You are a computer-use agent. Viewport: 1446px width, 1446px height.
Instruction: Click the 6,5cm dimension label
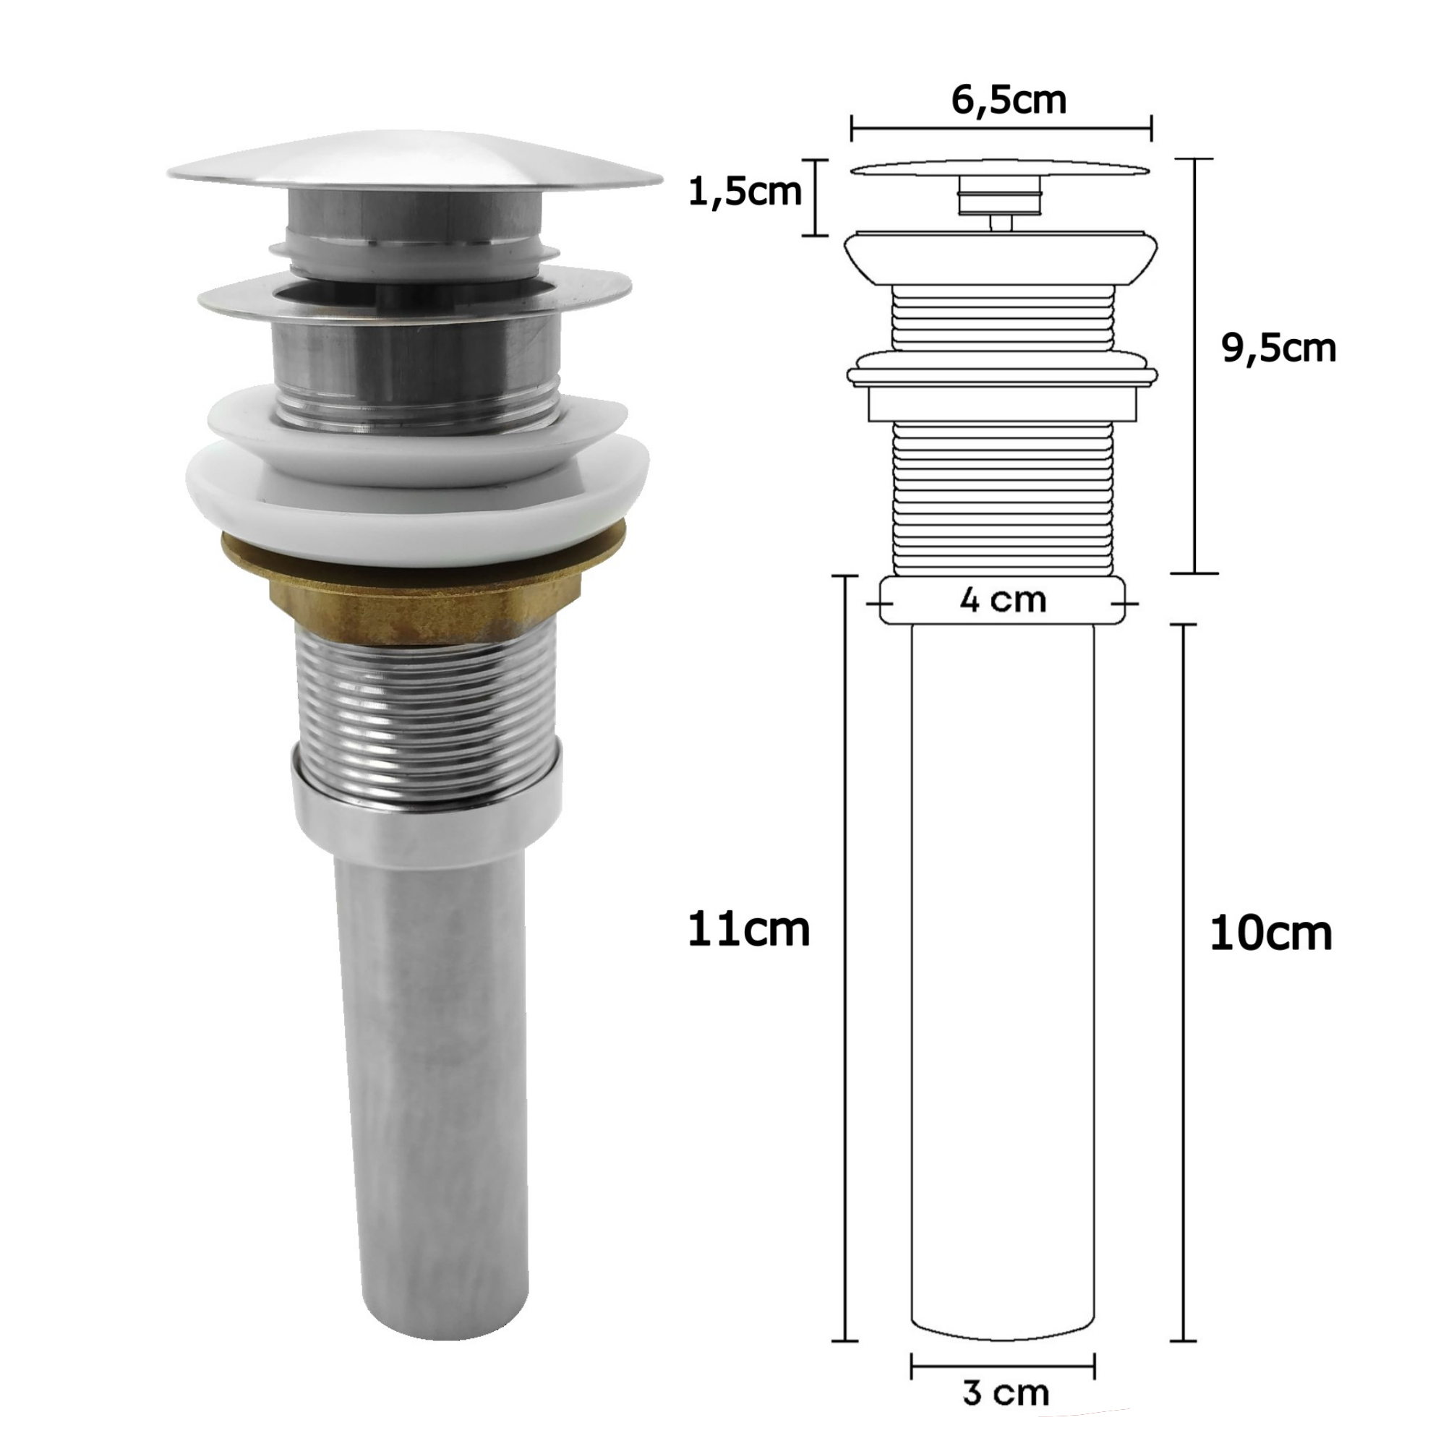pos(1009,100)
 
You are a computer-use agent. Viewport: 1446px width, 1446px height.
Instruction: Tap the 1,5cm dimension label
pos(745,192)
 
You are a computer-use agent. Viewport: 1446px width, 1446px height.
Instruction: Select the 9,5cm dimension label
pos(1279,348)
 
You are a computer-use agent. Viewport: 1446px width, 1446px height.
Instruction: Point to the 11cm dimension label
pos(748,931)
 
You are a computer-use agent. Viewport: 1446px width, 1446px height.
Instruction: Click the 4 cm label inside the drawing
pos(1003,600)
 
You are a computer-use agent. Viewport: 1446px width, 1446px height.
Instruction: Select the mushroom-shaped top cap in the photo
pos(414,165)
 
